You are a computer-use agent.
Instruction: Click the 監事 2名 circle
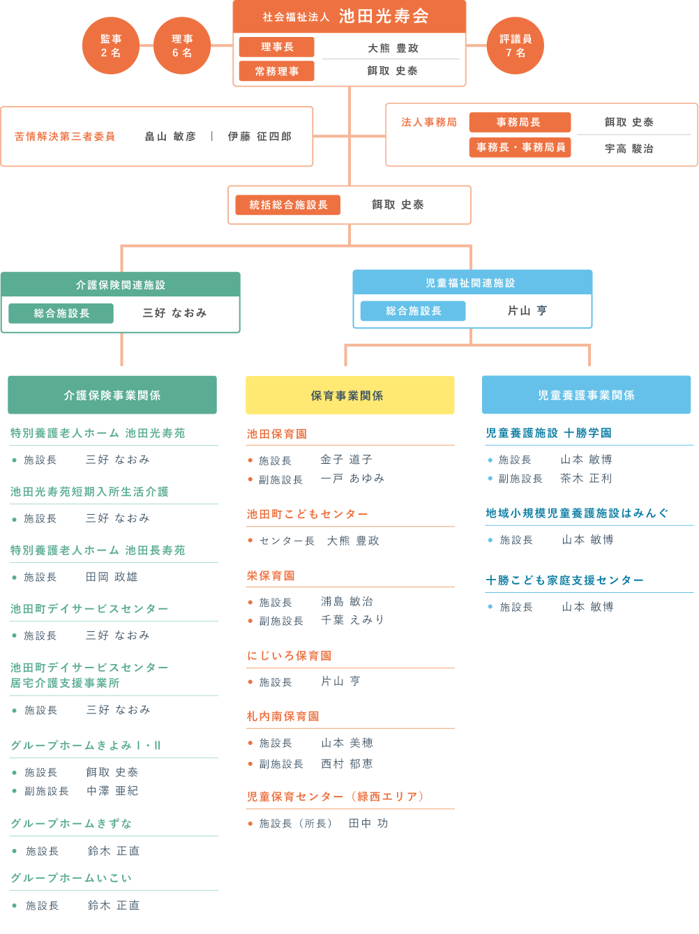pos(111,45)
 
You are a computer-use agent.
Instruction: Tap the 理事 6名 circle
pos(181,45)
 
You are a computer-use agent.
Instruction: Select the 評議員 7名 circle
pos(515,45)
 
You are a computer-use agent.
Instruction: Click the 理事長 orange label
pos(276,47)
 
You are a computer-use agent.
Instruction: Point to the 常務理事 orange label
pos(276,71)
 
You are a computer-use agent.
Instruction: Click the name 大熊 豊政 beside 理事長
pos(393,48)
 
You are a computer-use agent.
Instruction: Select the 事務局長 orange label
pos(520,122)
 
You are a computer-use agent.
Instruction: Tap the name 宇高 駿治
pos(629,149)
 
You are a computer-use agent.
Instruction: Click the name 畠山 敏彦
pos(170,136)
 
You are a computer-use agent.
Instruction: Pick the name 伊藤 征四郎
pos(260,136)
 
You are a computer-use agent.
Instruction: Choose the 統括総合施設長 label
pos(287,204)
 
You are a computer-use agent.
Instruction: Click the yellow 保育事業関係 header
pos(349,395)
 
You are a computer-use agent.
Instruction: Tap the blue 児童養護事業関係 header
pos(586,394)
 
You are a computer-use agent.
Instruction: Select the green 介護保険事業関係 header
pos(112,395)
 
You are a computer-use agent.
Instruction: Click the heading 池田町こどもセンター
pos(307,514)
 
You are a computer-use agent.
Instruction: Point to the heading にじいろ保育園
pos(289,655)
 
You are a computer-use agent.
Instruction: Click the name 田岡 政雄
pos(112,577)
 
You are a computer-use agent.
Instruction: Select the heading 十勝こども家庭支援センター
pos(564,580)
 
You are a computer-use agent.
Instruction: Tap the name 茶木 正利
pos(586,479)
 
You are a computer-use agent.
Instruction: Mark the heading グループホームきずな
pos(71,823)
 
